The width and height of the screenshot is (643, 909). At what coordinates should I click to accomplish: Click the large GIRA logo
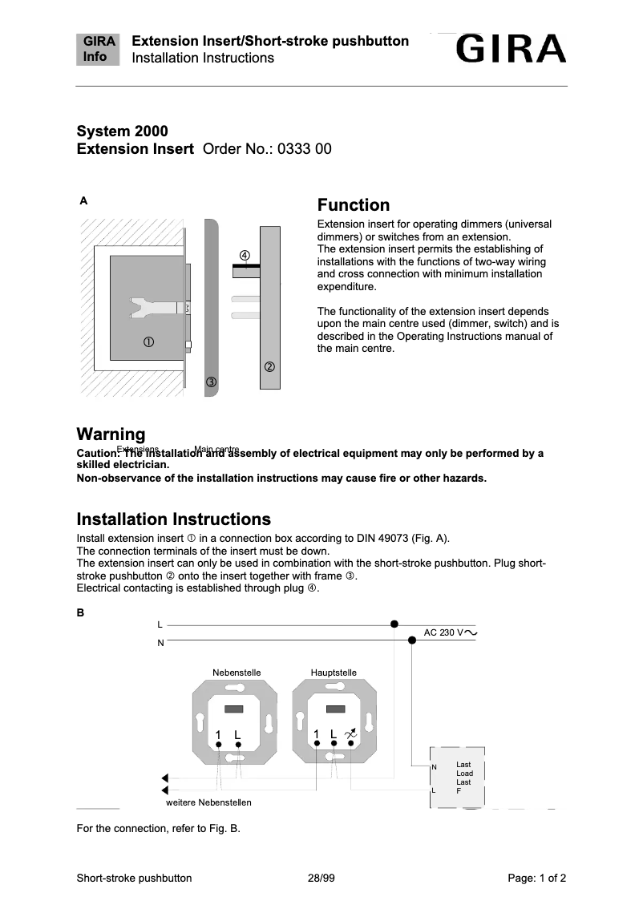pyautogui.click(x=512, y=50)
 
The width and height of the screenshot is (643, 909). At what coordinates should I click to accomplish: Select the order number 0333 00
pyautogui.click(x=304, y=149)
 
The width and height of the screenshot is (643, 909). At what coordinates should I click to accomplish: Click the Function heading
pyautogui.click(x=354, y=205)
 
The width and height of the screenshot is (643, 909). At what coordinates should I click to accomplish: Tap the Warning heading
pyautogui.click(x=111, y=434)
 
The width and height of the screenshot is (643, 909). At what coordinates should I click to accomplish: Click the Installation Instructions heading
pyautogui.click(x=173, y=519)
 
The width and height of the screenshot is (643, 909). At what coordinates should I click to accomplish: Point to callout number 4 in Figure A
pyautogui.click(x=245, y=256)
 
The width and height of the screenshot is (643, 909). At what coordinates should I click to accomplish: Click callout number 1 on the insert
pyautogui.click(x=149, y=342)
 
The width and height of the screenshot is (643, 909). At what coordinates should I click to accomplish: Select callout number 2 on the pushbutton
pyautogui.click(x=269, y=367)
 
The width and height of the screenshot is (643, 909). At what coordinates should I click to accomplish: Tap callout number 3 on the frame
pyautogui.click(x=211, y=382)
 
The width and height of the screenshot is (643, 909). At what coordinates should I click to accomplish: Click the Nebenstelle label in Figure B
pyautogui.click(x=237, y=672)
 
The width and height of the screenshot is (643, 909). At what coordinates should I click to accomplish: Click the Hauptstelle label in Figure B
pyautogui.click(x=334, y=672)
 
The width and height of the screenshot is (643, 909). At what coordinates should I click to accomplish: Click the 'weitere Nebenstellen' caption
pyautogui.click(x=208, y=802)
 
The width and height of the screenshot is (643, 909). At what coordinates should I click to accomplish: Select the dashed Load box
pyautogui.click(x=458, y=778)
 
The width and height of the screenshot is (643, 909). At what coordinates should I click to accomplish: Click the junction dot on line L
pyautogui.click(x=394, y=624)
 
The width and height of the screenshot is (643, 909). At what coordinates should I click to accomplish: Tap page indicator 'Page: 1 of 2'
pyautogui.click(x=537, y=878)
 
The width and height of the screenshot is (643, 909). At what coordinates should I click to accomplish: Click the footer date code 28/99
pyautogui.click(x=321, y=878)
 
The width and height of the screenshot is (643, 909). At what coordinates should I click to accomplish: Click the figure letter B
pyautogui.click(x=80, y=612)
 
